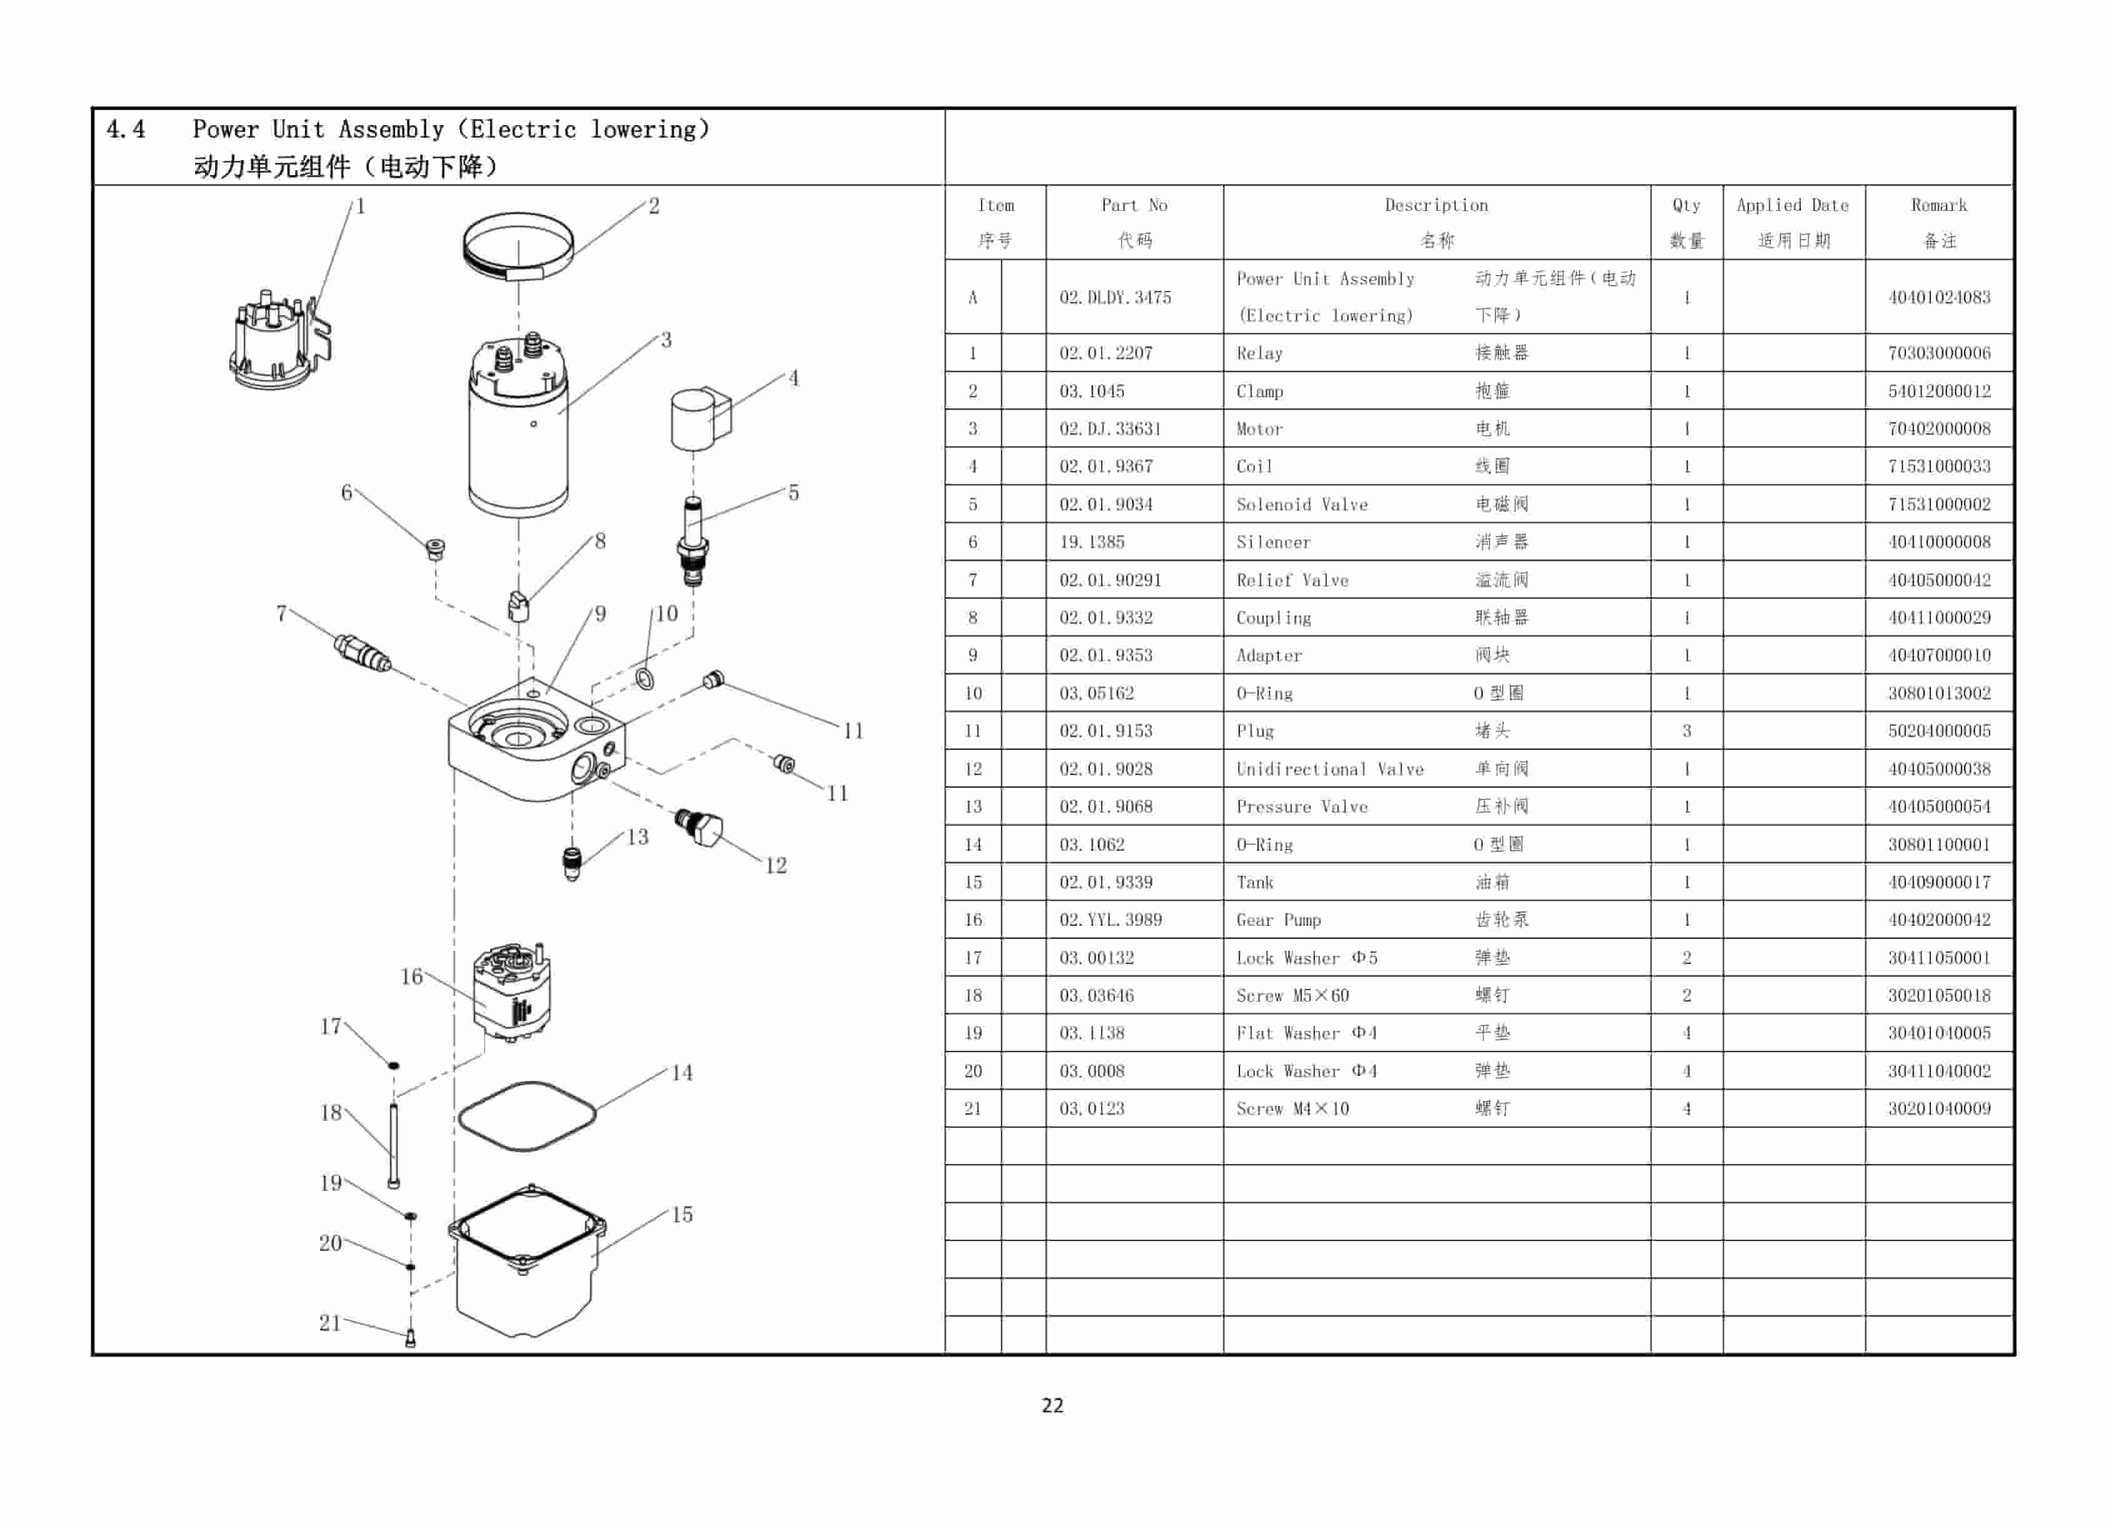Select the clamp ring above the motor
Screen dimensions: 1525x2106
pos(518,246)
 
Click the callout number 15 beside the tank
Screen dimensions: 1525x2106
pos(682,1214)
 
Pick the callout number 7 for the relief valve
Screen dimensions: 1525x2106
pos(281,613)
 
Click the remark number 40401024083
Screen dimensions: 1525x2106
pos(1939,297)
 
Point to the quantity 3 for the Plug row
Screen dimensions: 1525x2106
pos(1686,731)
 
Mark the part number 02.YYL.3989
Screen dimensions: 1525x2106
pos(1110,920)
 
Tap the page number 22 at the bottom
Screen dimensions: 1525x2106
pos(1052,1405)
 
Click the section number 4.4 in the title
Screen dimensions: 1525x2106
pos(125,129)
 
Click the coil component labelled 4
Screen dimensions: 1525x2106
pos(700,420)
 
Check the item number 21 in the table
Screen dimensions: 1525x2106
pos(972,1108)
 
